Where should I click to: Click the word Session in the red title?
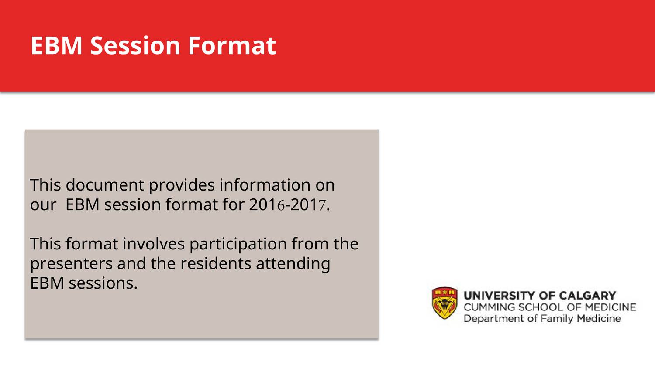point(135,45)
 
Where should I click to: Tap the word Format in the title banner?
point(232,45)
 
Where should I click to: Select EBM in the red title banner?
point(56,45)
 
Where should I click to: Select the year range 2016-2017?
point(287,204)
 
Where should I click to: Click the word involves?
point(154,244)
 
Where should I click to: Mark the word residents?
point(216,263)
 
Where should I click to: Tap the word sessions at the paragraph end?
point(103,283)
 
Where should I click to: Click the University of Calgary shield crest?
point(445,303)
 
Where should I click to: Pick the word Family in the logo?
point(557,319)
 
